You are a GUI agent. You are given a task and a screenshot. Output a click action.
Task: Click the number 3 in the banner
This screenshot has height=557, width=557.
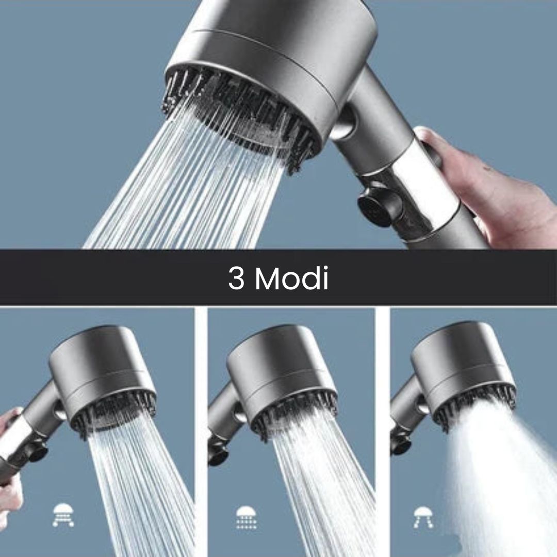236,278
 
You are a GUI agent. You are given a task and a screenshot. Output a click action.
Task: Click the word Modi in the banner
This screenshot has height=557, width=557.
292,278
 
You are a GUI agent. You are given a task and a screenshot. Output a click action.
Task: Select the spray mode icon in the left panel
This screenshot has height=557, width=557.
63,515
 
